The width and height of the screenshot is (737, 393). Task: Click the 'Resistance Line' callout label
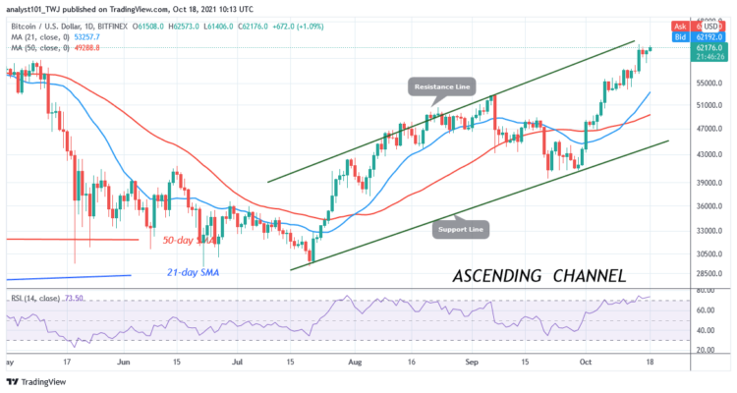point(440,86)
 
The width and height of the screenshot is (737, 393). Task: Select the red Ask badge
point(678,26)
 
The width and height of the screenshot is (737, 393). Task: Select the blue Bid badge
point(678,35)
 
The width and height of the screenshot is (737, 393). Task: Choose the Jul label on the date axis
point(238,362)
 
